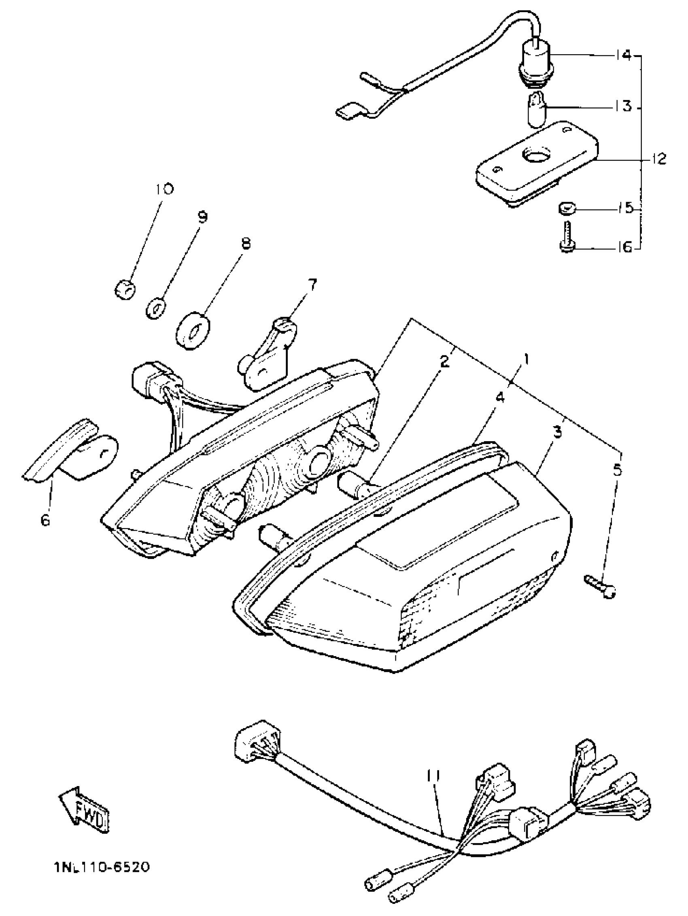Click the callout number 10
(x=164, y=189)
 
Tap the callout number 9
(x=202, y=217)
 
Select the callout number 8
(x=246, y=244)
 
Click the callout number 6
(x=45, y=520)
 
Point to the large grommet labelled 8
(x=193, y=332)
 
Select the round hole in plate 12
(x=535, y=156)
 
